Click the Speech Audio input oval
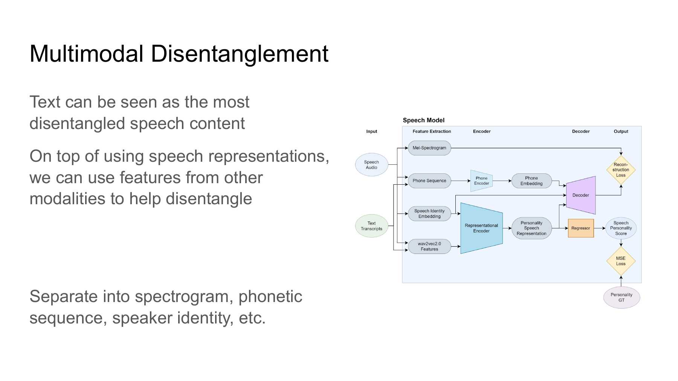[x=371, y=165]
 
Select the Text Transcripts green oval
[x=371, y=226]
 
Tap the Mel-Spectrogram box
[x=429, y=148]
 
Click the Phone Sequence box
[x=429, y=181]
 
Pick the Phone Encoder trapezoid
[x=481, y=181]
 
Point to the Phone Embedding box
[x=531, y=181]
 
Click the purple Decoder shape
[x=581, y=195]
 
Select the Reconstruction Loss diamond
[x=621, y=170]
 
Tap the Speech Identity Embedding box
[x=429, y=214]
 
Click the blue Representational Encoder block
[x=481, y=228]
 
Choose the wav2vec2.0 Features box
[x=429, y=246]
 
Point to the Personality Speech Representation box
[x=531, y=228]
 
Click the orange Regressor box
[x=581, y=228]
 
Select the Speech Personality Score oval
[x=621, y=228]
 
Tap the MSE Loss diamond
[x=621, y=261]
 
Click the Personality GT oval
[x=621, y=298]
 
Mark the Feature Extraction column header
[x=432, y=131]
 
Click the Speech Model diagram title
[x=424, y=120]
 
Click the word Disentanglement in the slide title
[x=240, y=53]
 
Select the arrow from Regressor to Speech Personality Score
[x=600, y=228]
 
